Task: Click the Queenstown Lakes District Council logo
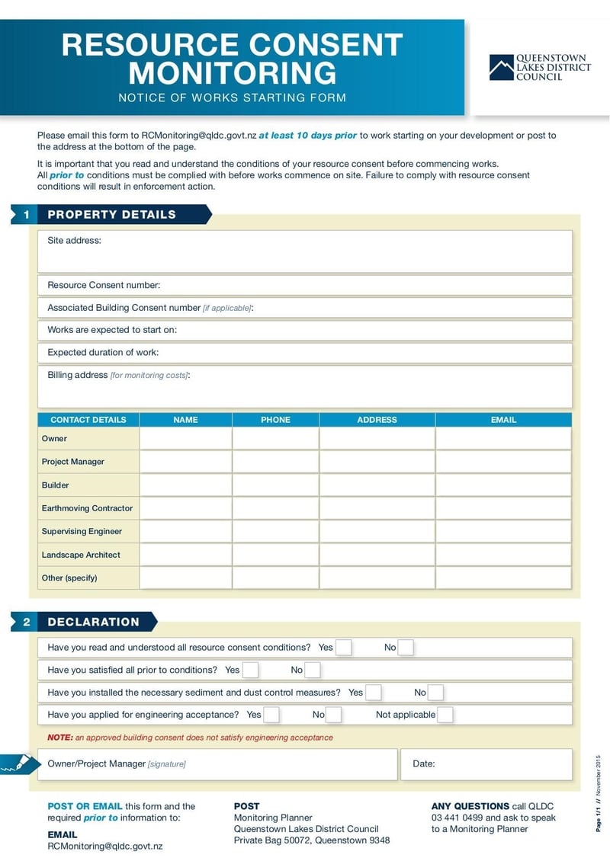point(540,67)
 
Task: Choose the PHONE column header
point(275,420)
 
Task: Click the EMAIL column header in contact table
point(503,420)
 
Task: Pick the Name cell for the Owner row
point(185,439)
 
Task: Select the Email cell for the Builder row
point(503,485)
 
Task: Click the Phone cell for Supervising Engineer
point(275,532)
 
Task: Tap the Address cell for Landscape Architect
point(377,555)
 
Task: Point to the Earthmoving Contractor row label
point(87,508)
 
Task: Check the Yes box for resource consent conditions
point(344,648)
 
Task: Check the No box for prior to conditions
point(313,671)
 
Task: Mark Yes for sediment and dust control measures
point(374,693)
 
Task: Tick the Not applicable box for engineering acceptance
point(445,715)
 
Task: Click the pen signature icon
point(18,763)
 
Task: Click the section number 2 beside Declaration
point(26,622)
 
